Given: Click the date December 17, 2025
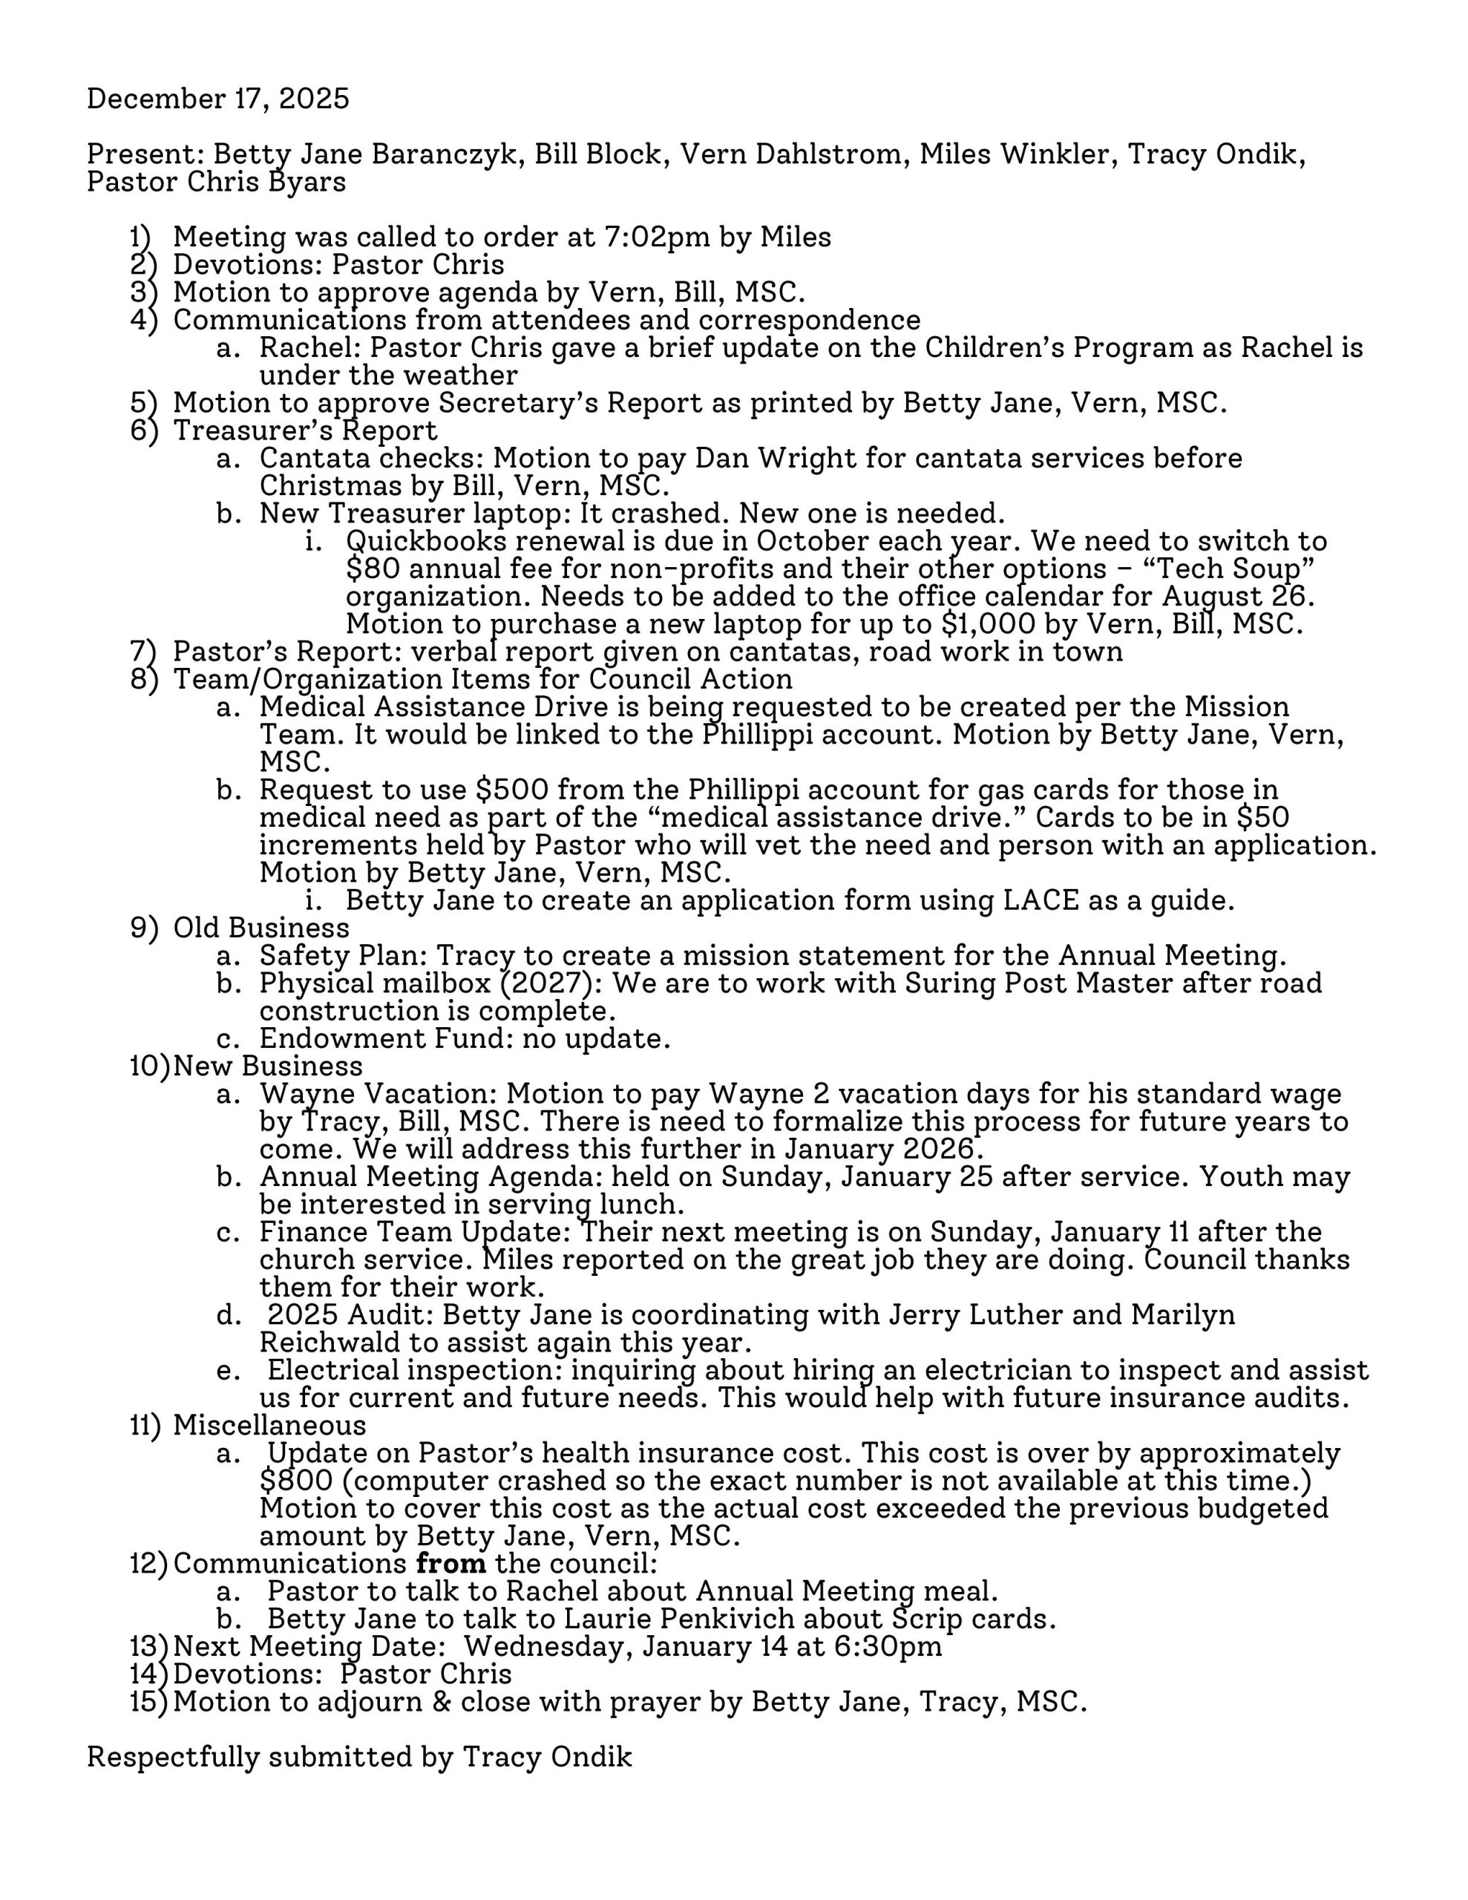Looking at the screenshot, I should pos(217,98).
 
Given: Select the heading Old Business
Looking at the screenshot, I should pos(261,928).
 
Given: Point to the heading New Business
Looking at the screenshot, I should pos(268,1066).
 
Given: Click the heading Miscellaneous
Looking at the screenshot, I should pos(269,1426).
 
